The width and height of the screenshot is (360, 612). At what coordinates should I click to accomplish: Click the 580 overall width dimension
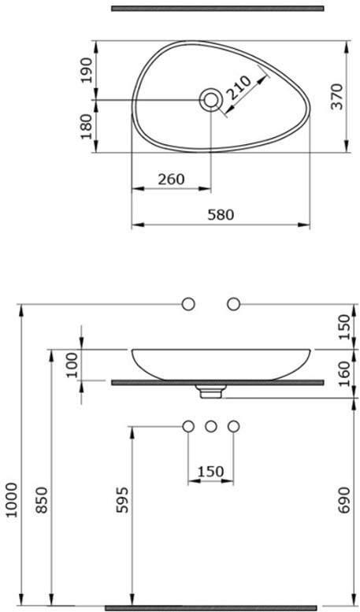coord(221,215)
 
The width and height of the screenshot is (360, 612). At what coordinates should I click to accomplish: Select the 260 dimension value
coord(171,179)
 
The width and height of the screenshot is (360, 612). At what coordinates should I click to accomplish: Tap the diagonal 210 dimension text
coord(239,87)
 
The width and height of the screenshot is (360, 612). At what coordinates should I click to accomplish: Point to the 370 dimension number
coord(336,96)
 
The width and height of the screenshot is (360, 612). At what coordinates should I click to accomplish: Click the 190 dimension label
coord(86,70)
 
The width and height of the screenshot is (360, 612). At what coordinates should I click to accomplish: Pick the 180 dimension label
coord(86,127)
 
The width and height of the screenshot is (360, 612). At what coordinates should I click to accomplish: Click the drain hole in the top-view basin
coord(211,99)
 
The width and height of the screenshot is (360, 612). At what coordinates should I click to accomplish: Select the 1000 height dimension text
coord(12,500)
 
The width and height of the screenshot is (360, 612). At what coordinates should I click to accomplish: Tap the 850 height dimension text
coord(43,500)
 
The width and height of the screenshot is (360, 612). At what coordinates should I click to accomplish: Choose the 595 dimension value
coord(122,500)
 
